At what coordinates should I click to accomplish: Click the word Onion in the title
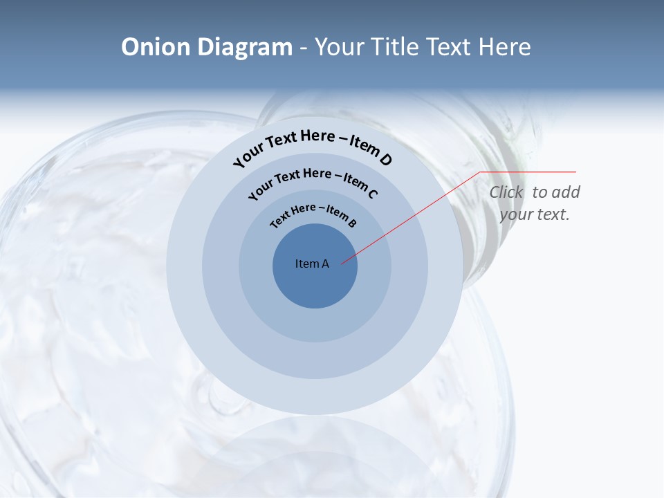[155, 47]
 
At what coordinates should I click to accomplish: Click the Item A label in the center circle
[312, 264]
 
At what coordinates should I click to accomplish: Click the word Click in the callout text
[506, 192]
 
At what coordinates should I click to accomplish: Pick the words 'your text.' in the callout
[534, 214]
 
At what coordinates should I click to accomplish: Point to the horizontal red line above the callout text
[529, 172]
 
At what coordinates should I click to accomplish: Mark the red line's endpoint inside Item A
[342, 264]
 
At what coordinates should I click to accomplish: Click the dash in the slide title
[303, 47]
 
